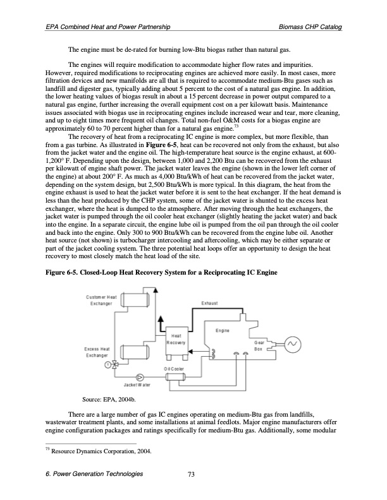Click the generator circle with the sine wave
tap(292, 344)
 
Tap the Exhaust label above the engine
tap(210, 304)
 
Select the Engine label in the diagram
tap(222, 330)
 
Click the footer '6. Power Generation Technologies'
tap(95, 476)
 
